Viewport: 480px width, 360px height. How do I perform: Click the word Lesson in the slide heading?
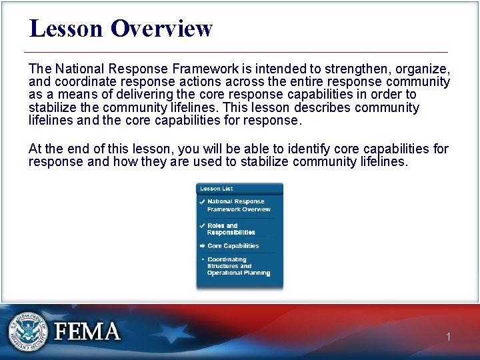[67, 29]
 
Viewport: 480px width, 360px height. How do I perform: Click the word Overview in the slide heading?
[161, 29]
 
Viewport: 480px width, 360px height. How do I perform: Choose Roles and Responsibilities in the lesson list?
[231, 229]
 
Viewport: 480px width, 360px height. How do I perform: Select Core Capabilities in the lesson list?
[233, 246]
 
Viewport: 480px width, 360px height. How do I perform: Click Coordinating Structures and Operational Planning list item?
[238, 266]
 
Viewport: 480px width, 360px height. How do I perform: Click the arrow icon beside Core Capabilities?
[202, 246]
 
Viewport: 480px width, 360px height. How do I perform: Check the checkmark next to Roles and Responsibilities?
[202, 226]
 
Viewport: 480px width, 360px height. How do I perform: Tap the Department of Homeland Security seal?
[28, 331]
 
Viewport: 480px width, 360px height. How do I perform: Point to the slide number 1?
[448, 337]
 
